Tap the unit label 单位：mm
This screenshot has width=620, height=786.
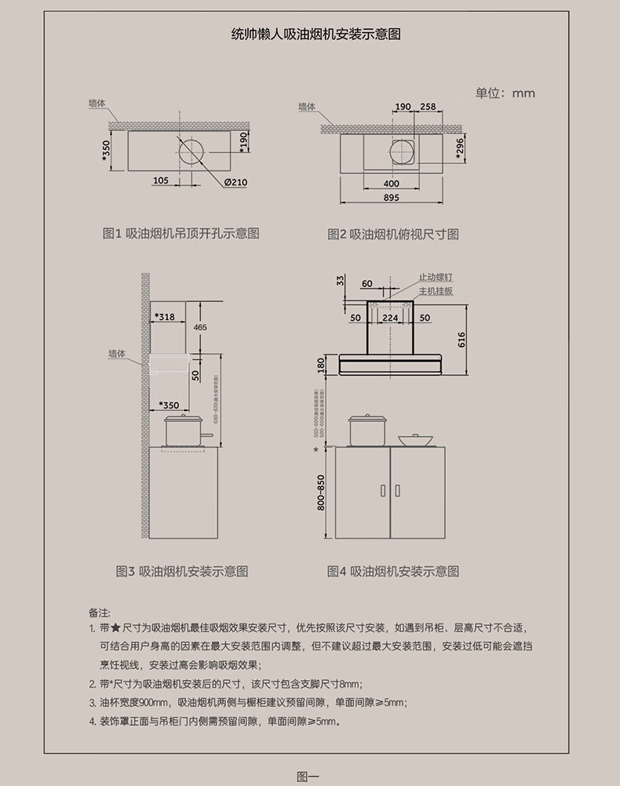tap(505, 93)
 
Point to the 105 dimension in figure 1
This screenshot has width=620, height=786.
tap(161, 180)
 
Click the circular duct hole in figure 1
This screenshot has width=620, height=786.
tap(191, 149)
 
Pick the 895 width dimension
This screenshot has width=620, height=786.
tap(391, 198)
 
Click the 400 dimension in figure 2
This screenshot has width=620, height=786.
tap(391, 183)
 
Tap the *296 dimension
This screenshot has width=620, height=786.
tap(461, 147)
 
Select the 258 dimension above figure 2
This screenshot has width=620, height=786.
tap(428, 107)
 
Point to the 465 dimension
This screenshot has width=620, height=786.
tap(200, 326)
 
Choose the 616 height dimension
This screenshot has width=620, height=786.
tap(461, 340)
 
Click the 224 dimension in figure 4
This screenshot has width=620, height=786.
tap(390, 318)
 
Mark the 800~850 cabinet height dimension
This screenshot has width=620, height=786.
tap(320, 493)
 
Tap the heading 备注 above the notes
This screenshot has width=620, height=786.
tap(100, 612)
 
